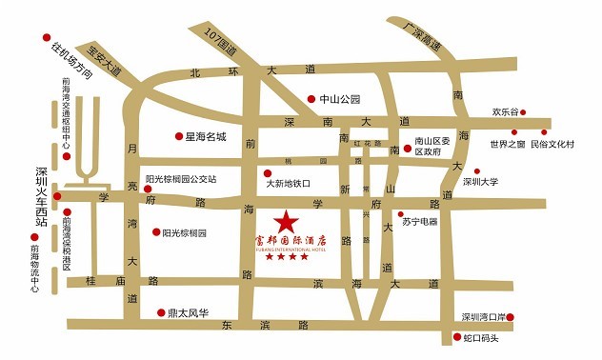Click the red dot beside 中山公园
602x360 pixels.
tap(311, 99)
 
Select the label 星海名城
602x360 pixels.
tap(206, 137)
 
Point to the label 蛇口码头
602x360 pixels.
tap(481, 338)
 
